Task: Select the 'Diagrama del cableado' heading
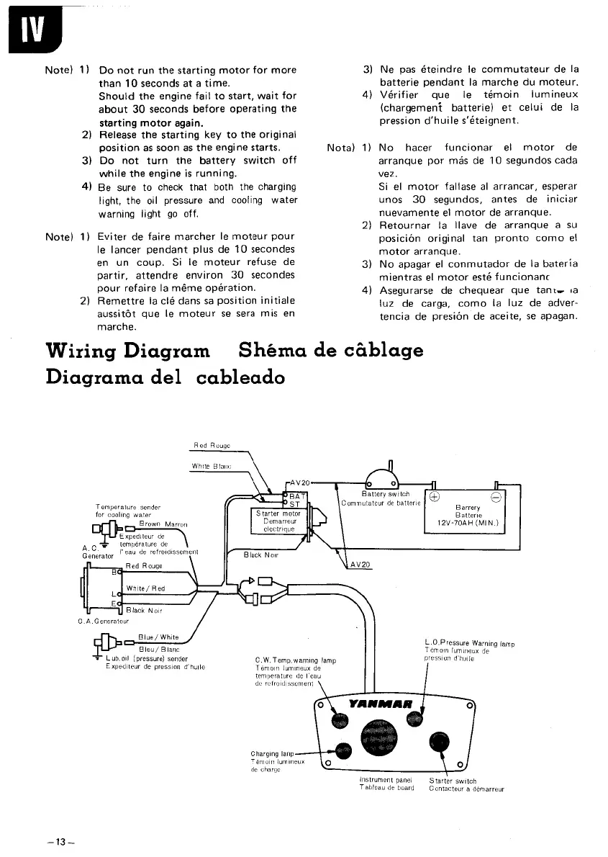[x=165, y=377]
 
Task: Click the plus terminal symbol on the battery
[x=434, y=496]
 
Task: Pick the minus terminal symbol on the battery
[x=497, y=496]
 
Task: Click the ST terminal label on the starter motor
[x=294, y=504]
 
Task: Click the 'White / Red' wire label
[x=145, y=588]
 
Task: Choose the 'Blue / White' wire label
[x=158, y=637]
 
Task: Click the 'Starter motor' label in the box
[x=277, y=513]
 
